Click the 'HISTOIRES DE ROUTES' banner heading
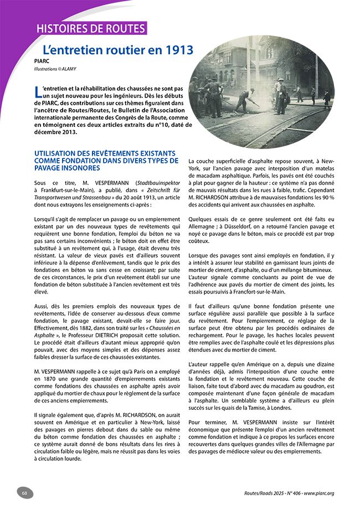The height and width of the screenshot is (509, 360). coord(90,29)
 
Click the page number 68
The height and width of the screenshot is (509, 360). coord(25,492)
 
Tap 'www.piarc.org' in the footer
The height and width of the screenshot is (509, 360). coord(327,493)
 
